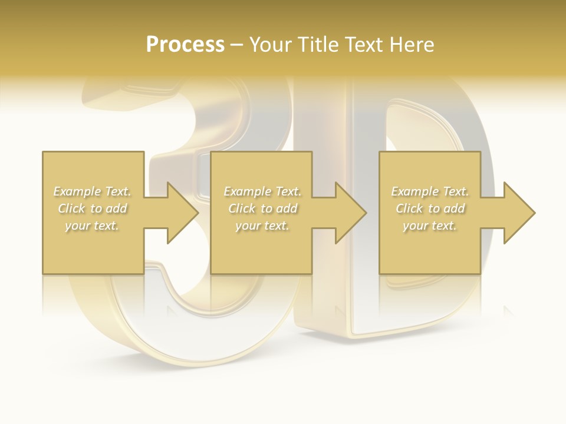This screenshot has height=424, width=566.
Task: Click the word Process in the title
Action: click(185, 45)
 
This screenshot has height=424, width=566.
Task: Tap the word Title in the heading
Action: click(322, 45)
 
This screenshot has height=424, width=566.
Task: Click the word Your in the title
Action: click(272, 45)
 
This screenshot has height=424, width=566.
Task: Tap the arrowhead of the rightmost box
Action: click(518, 213)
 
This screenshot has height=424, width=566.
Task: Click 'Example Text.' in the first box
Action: click(92, 191)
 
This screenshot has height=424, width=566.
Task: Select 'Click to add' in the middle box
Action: click(262, 208)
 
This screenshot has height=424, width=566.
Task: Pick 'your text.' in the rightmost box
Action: click(429, 226)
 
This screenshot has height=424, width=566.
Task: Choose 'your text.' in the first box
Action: click(92, 226)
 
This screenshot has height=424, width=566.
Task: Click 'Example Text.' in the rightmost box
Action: click(430, 191)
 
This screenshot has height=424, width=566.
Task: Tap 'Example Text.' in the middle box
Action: click(262, 191)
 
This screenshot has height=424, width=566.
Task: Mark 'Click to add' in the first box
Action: click(92, 208)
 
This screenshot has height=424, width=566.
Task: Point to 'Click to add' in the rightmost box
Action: click(430, 208)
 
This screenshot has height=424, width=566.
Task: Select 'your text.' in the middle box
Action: click(262, 226)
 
